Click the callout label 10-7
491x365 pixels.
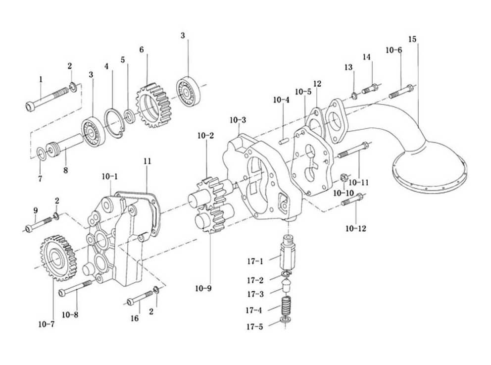(47, 324)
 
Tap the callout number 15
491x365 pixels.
(412, 39)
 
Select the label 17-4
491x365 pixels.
(254, 310)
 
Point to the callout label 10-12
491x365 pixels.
(356, 228)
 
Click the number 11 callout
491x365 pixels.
(147, 161)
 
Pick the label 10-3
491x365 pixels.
(238, 120)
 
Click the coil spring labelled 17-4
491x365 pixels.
(286, 307)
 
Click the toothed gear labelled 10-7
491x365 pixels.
(58, 258)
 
